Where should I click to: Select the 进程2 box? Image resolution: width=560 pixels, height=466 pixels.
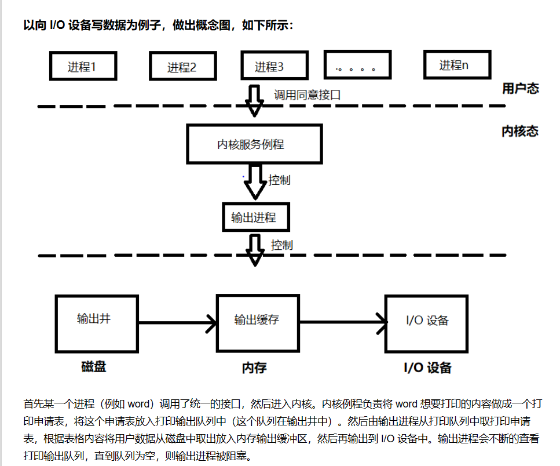click(x=182, y=67)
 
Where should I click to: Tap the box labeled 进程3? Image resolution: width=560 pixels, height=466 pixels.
click(x=269, y=66)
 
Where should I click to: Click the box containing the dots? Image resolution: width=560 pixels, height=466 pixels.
click(x=357, y=66)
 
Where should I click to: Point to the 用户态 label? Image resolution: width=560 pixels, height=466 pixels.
click(x=520, y=89)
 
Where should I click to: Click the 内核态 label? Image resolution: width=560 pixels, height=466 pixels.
click(x=519, y=132)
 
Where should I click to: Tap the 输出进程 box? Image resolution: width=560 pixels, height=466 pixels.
click(x=254, y=218)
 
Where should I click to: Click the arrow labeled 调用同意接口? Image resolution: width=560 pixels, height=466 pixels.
click(x=254, y=100)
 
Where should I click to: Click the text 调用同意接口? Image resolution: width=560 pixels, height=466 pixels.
click(x=307, y=95)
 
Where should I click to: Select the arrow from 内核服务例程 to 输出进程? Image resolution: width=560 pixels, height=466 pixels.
click(x=254, y=185)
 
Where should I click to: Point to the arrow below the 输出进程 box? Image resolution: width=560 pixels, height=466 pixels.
click(x=254, y=249)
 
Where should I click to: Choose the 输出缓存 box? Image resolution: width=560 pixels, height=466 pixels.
click(x=257, y=323)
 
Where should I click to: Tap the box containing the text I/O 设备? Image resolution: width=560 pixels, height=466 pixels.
click(x=427, y=323)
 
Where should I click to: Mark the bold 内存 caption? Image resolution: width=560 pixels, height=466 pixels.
click(x=254, y=368)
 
